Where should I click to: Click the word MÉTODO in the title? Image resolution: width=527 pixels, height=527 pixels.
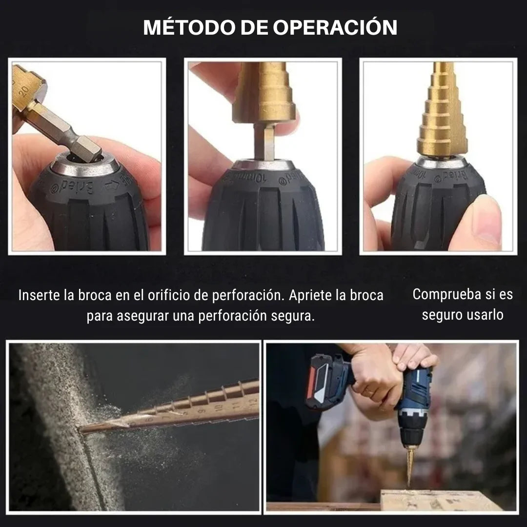[190, 27]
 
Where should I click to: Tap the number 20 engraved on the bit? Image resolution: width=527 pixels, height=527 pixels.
[24, 91]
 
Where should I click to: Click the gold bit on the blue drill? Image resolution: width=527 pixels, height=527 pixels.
[410, 465]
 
